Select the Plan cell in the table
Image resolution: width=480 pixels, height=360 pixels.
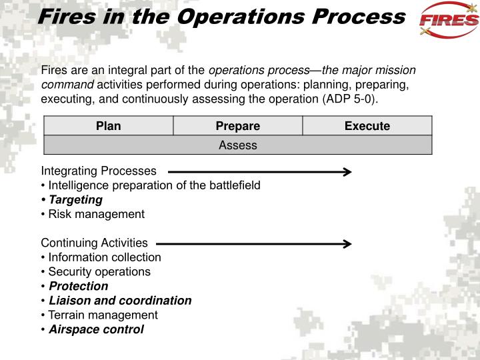[109, 126]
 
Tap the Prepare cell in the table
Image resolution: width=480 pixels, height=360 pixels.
[238, 126]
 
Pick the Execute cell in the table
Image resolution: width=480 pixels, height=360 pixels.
[367, 126]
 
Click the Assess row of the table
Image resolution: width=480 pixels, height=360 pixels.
[238, 145]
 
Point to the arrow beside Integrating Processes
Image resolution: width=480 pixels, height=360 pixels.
[259, 172]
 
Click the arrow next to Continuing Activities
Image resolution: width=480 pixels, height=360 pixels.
[253, 244]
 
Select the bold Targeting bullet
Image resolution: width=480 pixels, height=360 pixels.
[75, 199]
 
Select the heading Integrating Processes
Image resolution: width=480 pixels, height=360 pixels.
[99, 171]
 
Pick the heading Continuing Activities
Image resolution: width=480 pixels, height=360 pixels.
[94, 243]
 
